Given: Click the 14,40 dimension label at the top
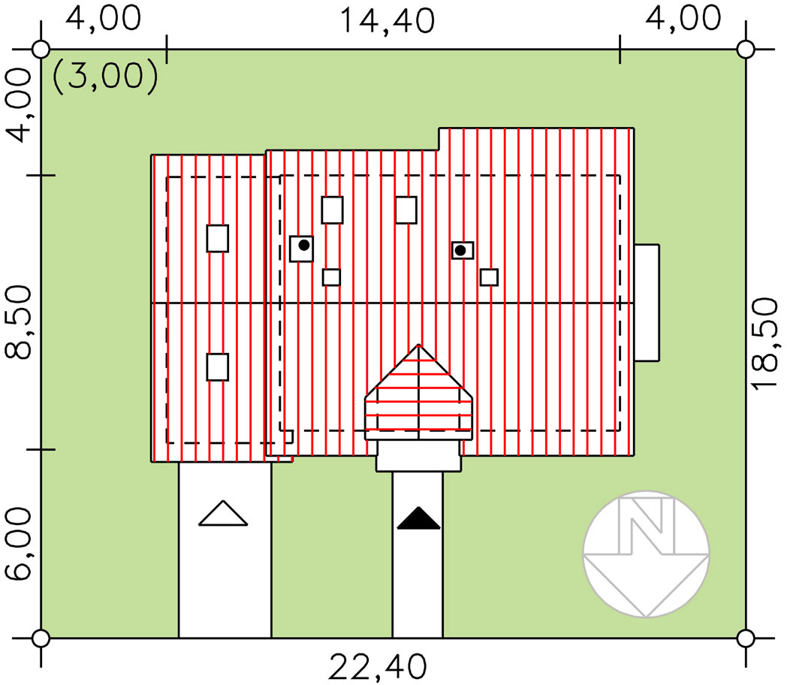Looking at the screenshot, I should tap(387, 20).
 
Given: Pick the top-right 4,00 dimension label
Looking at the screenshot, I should tap(683, 19).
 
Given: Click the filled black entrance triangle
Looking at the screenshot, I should tap(418, 519).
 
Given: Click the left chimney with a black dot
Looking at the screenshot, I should tap(302, 247).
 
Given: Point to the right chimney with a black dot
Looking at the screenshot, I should tap(463, 250).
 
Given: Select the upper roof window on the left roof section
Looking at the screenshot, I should tap(217, 238).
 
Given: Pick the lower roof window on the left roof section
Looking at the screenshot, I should tap(217, 367).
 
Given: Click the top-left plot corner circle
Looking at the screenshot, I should tap(41, 49).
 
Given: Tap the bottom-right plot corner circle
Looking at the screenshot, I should tap(745, 638).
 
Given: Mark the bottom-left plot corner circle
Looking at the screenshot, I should tap(41, 638).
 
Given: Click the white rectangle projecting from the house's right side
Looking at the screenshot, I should tap(647, 303).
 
